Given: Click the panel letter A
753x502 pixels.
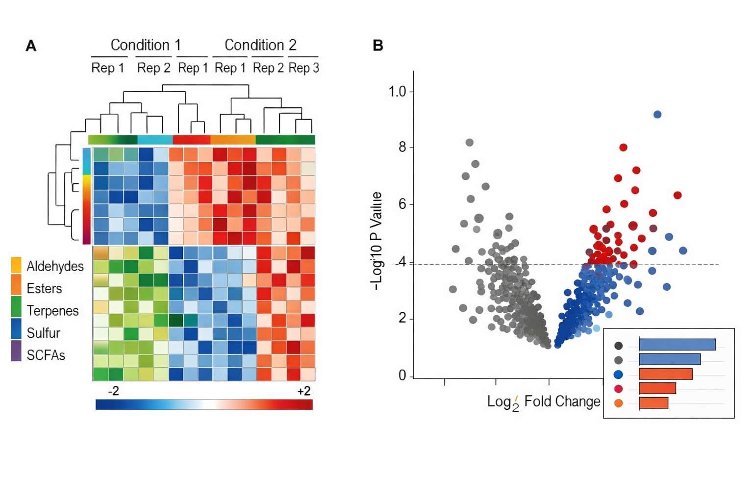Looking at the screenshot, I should [x=31, y=46].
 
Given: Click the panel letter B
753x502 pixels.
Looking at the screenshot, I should [x=377, y=46].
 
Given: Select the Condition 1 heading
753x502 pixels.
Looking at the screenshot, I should [x=146, y=45].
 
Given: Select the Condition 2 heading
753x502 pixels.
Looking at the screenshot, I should [x=260, y=45].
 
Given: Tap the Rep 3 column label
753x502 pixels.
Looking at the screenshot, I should [x=303, y=68].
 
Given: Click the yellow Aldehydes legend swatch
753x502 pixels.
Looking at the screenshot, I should [x=16, y=265].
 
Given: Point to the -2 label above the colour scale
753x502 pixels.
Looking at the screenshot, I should [x=113, y=391].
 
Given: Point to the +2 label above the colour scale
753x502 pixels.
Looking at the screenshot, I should [x=303, y=391].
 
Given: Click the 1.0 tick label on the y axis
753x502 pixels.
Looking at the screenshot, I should [x=397, y=92].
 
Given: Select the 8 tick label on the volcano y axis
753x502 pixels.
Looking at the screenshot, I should [x=402, y=147].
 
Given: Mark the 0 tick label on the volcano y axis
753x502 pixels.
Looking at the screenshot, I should [x=402, y=376].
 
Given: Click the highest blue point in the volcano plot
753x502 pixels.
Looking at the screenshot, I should [x=657, y=114].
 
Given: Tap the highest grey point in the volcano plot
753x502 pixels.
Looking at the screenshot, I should [x=469, y=143].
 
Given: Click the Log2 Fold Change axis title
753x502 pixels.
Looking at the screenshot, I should [x=543, y=402].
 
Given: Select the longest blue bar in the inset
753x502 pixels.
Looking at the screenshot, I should [x=677, y=345].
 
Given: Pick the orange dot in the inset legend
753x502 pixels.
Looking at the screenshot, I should [x=618, y=403].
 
